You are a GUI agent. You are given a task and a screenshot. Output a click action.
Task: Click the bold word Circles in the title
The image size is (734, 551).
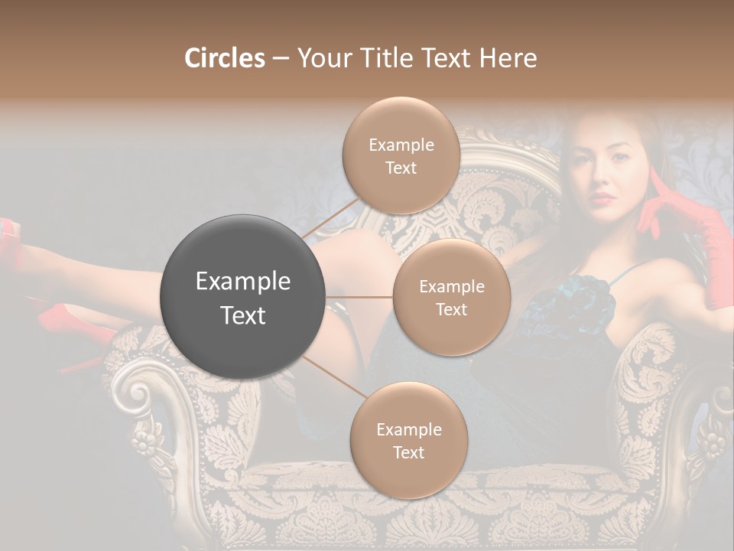225,58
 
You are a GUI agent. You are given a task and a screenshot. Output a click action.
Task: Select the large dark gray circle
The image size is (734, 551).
243,297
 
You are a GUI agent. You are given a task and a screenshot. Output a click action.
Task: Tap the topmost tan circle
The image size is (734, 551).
401,155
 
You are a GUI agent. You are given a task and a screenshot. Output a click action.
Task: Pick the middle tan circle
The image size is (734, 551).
452,297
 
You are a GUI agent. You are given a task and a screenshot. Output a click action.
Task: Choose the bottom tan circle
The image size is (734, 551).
408,440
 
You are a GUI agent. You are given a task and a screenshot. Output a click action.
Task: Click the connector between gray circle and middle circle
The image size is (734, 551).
359,297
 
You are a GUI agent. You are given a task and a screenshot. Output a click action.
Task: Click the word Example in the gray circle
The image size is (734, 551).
243,282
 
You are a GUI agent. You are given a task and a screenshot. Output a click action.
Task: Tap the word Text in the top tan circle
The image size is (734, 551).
401,168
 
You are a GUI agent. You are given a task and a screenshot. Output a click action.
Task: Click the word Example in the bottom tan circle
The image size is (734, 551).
408,429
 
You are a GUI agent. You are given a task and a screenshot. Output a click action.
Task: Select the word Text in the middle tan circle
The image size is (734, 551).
452,309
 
